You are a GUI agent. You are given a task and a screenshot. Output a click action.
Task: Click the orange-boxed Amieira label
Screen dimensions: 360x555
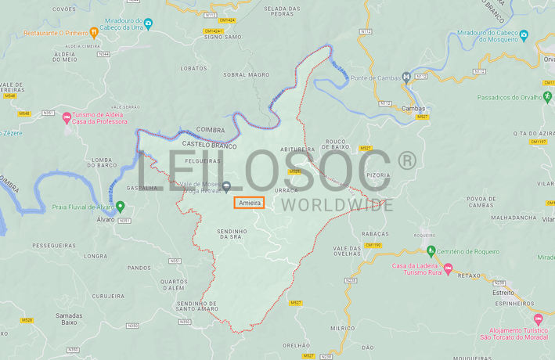249,203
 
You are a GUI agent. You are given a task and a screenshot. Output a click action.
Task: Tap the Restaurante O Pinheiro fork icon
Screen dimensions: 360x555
94,33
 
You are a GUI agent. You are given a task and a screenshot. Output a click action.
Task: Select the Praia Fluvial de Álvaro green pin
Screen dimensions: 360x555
121,207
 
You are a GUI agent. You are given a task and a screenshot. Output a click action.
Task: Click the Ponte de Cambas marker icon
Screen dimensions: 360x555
406,77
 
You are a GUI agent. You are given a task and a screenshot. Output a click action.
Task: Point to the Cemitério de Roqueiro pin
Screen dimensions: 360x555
431,250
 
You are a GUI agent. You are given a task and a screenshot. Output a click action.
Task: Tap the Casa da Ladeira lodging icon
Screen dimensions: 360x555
449,269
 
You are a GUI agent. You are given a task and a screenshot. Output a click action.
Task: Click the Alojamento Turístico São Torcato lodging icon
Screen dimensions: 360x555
538,319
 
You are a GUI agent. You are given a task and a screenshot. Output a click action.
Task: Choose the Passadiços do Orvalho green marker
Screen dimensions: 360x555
547,98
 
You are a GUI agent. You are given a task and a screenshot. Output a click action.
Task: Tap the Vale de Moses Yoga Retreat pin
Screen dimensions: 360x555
227,185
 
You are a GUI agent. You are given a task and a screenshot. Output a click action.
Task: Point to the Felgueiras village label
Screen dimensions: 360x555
202,160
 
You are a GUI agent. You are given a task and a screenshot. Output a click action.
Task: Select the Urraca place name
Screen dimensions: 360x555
287,190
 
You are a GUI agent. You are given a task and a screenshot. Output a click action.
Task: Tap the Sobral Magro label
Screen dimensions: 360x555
246,74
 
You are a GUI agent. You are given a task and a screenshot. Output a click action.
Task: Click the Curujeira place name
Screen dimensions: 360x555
107,297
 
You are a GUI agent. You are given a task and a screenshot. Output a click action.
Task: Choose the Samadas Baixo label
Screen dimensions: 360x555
69,318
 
